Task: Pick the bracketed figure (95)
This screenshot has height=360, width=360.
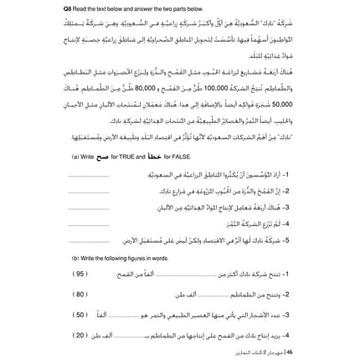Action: [x=81, y=274]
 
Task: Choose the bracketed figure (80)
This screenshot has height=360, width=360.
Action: [x=81, y=294]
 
